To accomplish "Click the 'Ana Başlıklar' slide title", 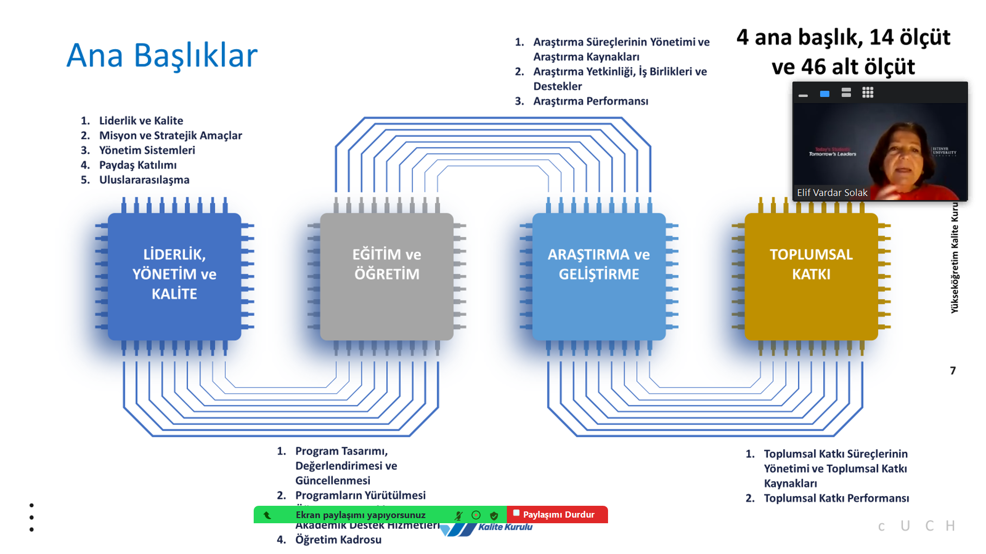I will point(162,55).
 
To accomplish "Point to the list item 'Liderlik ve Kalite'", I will point(141,121).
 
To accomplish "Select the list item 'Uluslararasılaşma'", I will point(144,180).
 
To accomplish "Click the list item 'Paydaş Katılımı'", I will point(138,165).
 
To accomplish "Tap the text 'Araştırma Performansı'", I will point(591,101).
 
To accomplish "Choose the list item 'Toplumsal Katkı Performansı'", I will point(836,498).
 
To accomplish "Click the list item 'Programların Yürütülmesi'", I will point(360,495).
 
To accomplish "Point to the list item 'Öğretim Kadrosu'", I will point(338,540).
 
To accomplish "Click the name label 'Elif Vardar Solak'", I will point(832,192).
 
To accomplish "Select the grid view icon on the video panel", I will point(868,93).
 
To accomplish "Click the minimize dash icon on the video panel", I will point(803,95).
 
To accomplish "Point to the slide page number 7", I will point(953,370).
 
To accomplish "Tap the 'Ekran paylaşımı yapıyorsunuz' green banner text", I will point(360,515).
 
